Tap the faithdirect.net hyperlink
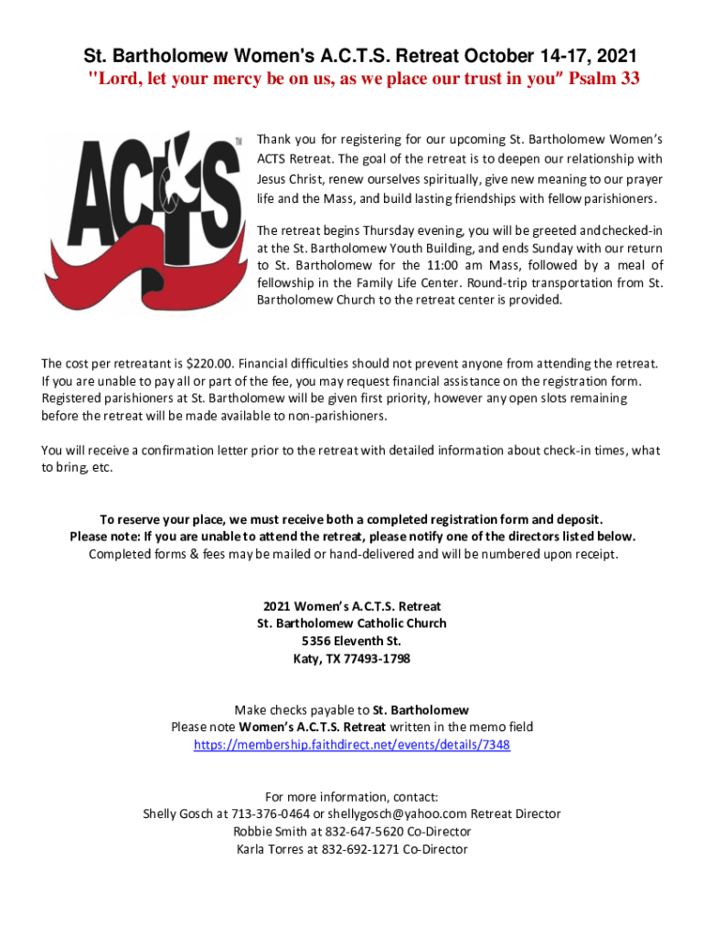coord(352,745)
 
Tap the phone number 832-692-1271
coord(353,849)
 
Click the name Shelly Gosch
coord(178,814)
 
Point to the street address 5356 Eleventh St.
coord(352,641)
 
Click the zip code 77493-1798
coord(377,658)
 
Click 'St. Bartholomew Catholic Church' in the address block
coord(352,623)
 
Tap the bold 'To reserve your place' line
coord(352,519)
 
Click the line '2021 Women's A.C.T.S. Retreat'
coord(352,606)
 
